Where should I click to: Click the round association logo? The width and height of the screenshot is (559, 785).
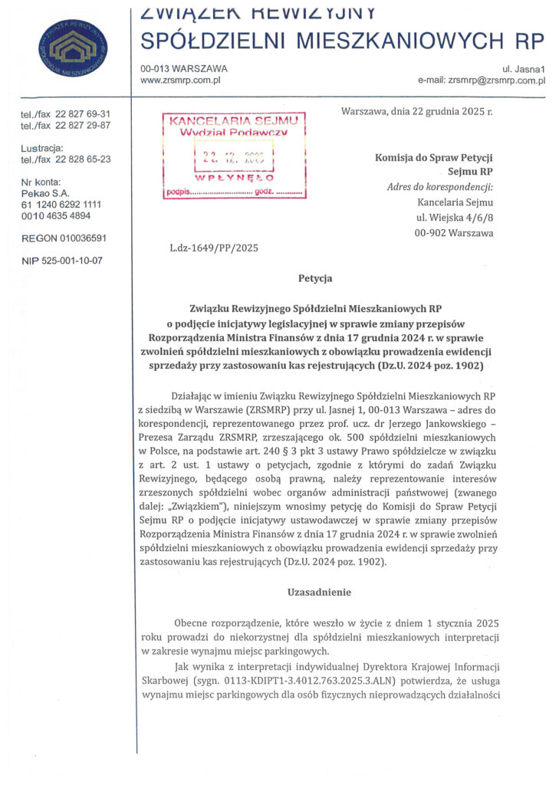[x=73, y=49]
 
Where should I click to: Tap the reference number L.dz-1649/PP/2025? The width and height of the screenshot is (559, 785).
[x=214, y=248]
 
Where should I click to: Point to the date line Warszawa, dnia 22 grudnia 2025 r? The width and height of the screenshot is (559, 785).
[x=416, y=112]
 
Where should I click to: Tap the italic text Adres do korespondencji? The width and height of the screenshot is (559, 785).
[x=441, y=187]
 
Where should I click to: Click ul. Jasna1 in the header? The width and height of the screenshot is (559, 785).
[x=523, y=68]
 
